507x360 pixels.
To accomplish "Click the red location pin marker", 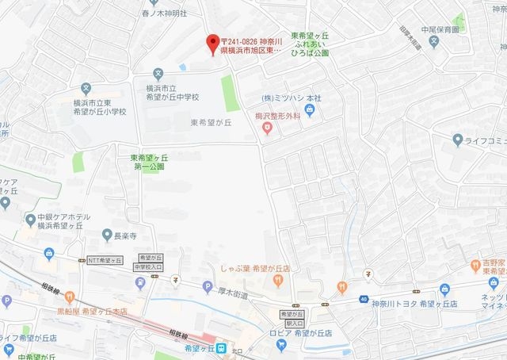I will [x=211, y=43].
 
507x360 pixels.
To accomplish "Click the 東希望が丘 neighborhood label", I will [x=210, y=123].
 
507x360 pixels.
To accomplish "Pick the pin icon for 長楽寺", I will [x=108, y=235].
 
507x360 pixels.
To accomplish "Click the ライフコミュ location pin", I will [x=457, y=140].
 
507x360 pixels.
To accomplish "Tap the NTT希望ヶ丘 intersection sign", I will [x=105, y=260].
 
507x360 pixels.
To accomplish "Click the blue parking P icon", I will [x=208, y=286].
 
